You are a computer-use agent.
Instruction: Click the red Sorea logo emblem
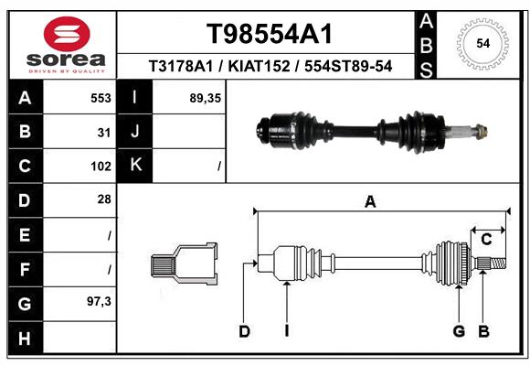(x=67, y=34)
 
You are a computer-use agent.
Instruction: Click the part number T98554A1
(x=270, y=34)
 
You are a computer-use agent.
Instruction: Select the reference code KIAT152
(x=259, y=66)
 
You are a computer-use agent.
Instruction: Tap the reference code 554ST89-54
(x=348, y=66)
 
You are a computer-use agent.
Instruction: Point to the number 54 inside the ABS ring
(x=483, y=44)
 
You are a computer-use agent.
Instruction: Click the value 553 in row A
(x=101, y=98)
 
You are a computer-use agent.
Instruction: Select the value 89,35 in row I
(x=206, y=98)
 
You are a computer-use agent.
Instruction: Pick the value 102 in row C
(x=101, y=167)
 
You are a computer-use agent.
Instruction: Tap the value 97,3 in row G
(x=99, y=301)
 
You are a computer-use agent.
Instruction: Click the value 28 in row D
(x=104, y=199)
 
